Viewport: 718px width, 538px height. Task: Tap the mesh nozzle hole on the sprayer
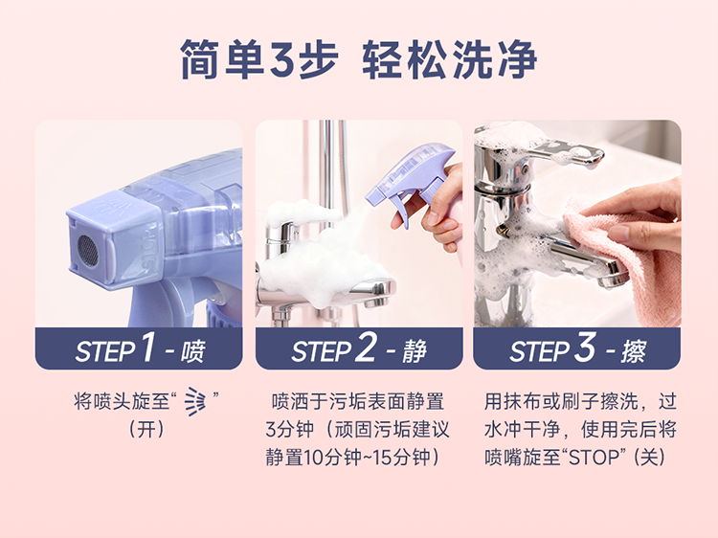pos(87,251)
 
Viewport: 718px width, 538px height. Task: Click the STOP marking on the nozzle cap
pos(148,249)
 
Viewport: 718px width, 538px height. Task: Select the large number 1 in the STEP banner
pos(148,347)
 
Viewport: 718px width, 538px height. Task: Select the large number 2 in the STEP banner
pos(367,347)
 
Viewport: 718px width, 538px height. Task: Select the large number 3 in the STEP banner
pos(585,347)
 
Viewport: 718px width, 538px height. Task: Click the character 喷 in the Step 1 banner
pos(192,351)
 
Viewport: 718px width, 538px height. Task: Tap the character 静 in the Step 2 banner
pos(415,351)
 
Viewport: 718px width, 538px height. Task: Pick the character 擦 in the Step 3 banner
pos(634,351)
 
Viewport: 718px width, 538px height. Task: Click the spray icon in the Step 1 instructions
pos(195,401)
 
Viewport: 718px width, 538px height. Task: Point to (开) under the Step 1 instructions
pos(146,430)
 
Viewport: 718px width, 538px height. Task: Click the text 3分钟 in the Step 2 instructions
pos(289,430)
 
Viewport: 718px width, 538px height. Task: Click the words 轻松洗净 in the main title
pos(449,59)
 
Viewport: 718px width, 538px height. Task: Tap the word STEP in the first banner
pos(105,351)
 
